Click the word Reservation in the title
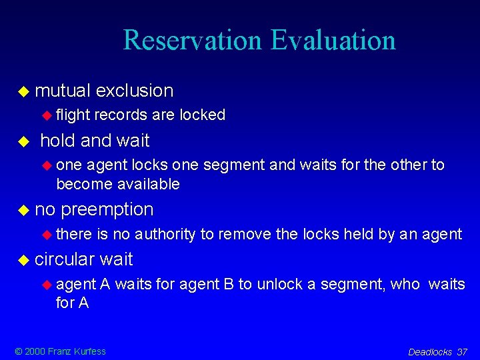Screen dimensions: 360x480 click(193, 40)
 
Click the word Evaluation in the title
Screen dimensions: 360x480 click(333, 40)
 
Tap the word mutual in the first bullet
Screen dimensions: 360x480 click(63, 91)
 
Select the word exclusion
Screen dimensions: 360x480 click(134, 91)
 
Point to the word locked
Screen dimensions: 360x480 click(201, 115)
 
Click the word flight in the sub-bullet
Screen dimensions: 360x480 click(73, 115)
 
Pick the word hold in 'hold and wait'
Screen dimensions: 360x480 click(58, 141)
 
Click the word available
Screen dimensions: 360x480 click(147, 183)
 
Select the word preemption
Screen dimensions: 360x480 click(107, 209)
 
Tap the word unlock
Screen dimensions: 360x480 click(275, 284)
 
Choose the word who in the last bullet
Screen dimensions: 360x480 click(405, 284)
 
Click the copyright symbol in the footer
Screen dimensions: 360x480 click(18, 351)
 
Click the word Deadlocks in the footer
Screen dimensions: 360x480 click(430, 352)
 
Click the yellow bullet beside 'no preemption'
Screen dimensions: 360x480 click(24, 210)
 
